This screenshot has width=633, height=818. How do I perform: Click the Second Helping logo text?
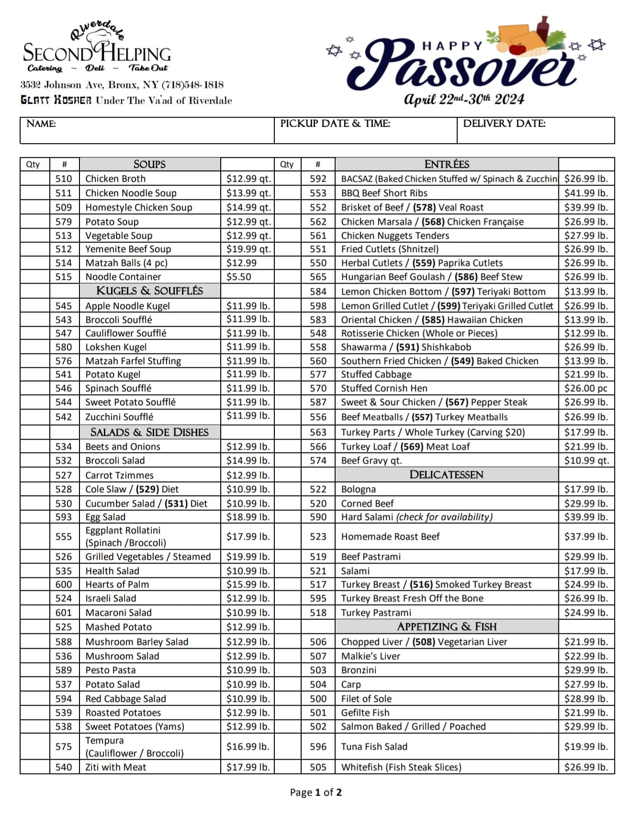point(97,53)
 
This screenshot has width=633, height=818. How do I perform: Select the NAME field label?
point(41,124)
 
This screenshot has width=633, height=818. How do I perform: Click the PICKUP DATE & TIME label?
point(335,124)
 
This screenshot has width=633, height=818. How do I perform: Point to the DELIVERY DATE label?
point(504,124)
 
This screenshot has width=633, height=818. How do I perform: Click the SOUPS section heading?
point(149,165)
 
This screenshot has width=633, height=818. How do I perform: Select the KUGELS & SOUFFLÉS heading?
point(149,291)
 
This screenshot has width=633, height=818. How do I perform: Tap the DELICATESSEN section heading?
point(446,475)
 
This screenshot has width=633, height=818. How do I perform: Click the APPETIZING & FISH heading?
point(446,627)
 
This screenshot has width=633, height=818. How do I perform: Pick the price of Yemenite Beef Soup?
point(249,249)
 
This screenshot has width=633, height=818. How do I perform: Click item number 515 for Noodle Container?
point(64,277)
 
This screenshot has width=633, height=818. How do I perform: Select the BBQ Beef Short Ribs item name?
point(384,193)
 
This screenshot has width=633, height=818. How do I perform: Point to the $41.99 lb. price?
point(586,193)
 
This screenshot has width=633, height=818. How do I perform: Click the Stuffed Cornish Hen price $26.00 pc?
point(586,388)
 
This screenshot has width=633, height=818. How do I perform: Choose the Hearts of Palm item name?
point(117,585)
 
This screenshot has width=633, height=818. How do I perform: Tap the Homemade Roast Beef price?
point(586,537)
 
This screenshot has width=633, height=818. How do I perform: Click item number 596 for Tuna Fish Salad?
point(318,747)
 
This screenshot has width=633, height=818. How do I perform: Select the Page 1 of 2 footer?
point(316,792)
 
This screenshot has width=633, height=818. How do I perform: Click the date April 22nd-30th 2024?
point(464,99)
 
